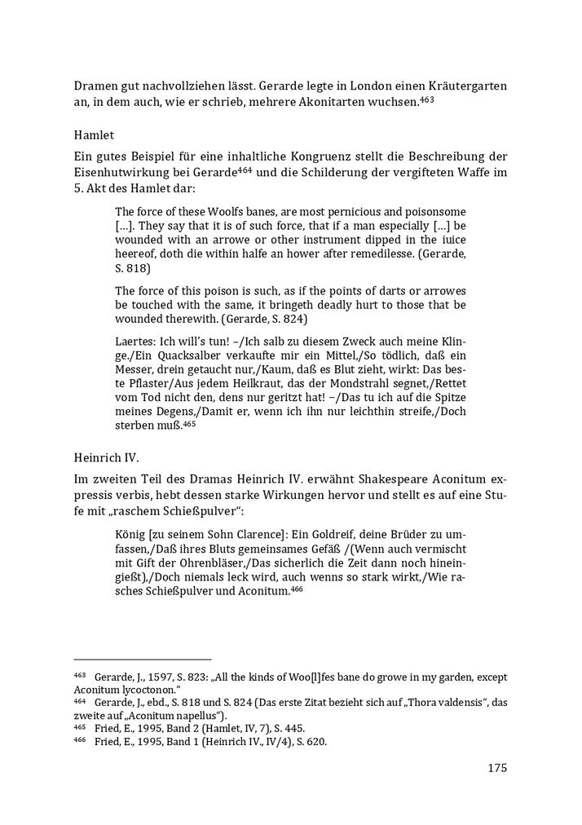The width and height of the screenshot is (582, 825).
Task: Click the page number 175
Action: pos(497,767)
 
